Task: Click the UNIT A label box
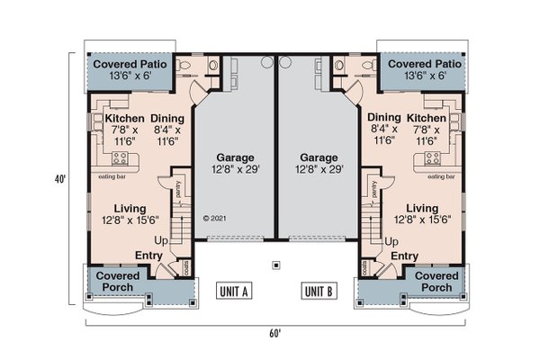tap(233, 291)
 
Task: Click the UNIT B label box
tap(319, 291)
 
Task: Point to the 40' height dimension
tap(59, 180)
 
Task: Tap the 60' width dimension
tap(274, 332)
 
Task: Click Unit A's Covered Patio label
tap(126, 65)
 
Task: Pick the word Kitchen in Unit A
tap(125, 119)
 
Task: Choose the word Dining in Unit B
tap(384, 119)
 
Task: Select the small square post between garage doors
tap(276, 265)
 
